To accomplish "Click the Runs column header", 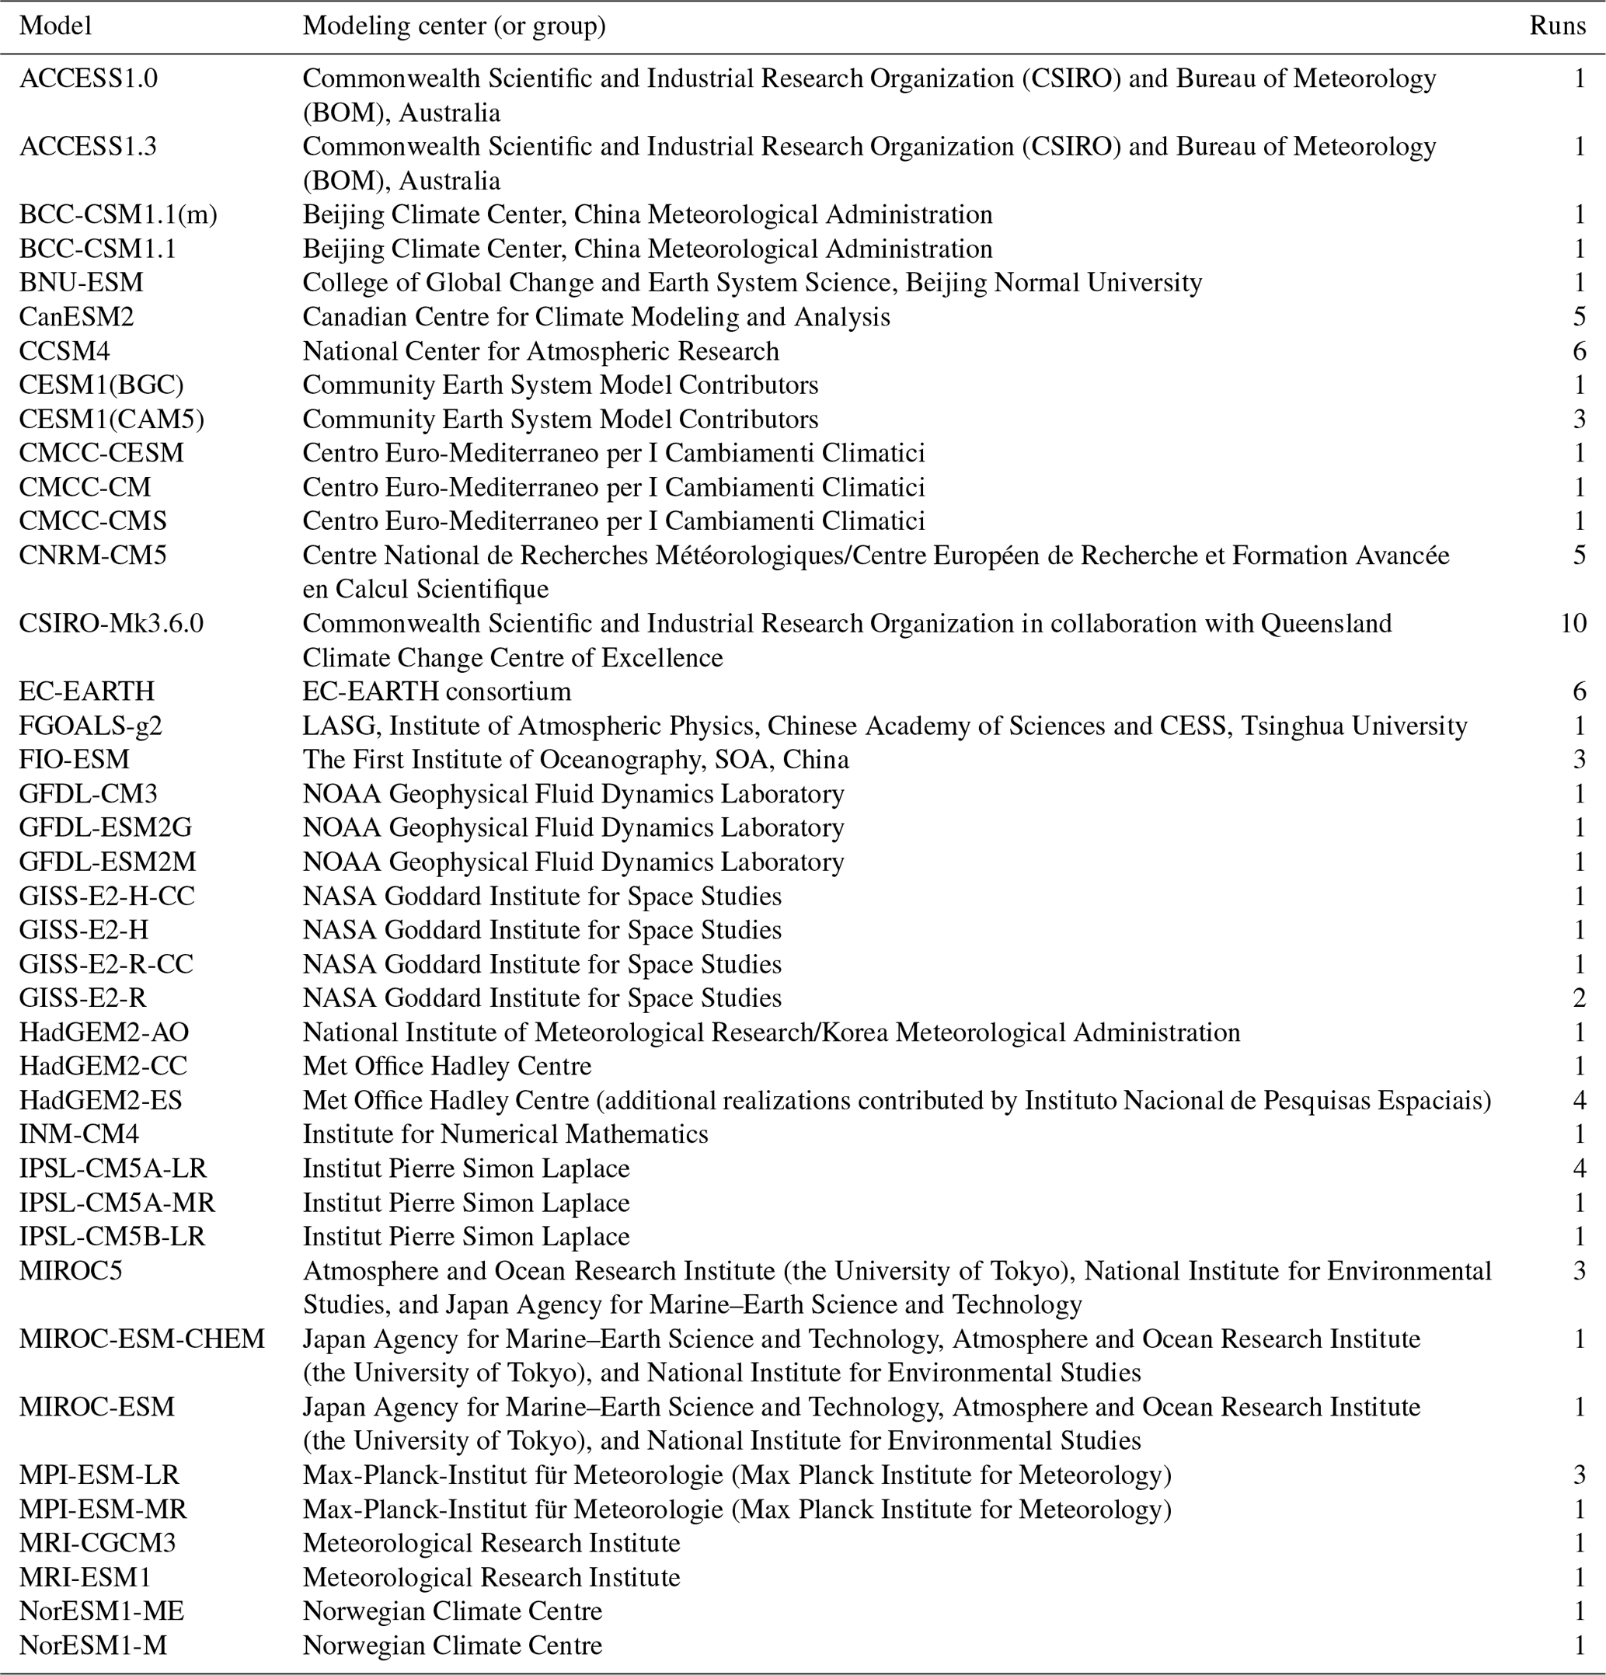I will pos(1556,26).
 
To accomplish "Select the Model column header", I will pos(56,26).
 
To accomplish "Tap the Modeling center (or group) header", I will pos(454,26).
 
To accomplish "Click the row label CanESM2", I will pos(77,317).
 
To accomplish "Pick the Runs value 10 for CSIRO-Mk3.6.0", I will pos(1573,623).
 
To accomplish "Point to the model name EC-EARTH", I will pos(87,691).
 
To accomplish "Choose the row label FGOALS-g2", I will pos(91,726).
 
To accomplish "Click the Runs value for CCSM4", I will pos(1579,351).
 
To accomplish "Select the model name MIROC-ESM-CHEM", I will pos(142,1339).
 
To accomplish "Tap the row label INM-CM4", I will pos(78,1134).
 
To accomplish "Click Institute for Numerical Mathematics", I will pos(505,1134).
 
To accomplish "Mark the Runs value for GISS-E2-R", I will pos(1579,998).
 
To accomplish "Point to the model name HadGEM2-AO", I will pos(104,1033).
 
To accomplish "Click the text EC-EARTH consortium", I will pos(437,691).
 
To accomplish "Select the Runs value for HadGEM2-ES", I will pos(1579,1100).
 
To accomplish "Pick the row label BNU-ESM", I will pos(82,283).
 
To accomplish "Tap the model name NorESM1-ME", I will pos(102,1611).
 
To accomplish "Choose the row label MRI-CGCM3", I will pos(97,1543).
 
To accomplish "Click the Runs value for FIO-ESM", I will pos(1579,760).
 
